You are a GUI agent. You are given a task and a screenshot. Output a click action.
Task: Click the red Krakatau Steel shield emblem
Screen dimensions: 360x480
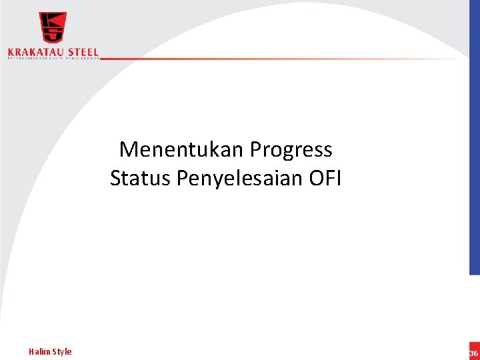click(x=52, y=28)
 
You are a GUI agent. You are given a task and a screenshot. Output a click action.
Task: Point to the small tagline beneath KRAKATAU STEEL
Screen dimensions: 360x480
click(x=53, y=59)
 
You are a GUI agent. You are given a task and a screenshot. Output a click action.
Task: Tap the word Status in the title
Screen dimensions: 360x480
click(x=141, y=178)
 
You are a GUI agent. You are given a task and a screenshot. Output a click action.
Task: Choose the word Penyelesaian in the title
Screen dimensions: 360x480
click(x=241, y=179)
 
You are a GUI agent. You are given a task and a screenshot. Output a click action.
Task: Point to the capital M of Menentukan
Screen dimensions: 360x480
click(x=127, y=149)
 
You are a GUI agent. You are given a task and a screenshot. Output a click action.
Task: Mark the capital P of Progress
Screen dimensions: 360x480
click(x=256, y=149)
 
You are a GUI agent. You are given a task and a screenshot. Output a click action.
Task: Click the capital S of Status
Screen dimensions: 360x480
click(x=116, y=178)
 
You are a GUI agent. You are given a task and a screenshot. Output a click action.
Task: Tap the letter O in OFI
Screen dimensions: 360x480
click(x=315, y=178)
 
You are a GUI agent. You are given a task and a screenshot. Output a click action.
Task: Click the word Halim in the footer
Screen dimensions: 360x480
click(x=39, y=351)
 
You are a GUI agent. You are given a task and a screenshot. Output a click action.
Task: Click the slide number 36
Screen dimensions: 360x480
click(x=473, y=353)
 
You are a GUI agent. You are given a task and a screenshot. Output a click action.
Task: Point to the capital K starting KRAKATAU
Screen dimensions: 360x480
click(x=11, y=52)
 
